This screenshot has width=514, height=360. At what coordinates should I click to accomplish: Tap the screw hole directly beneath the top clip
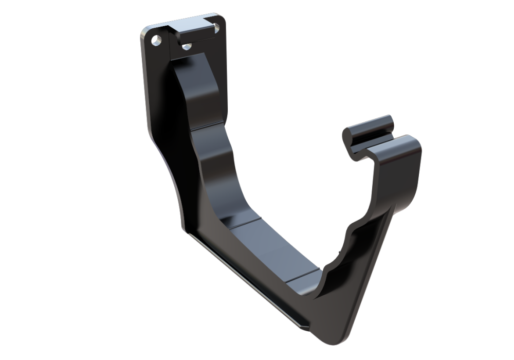186,48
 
